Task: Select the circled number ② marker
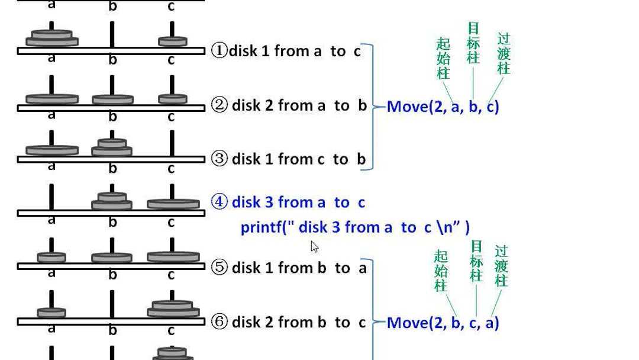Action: (x=220, y=106)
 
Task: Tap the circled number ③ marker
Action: (x=220, y=159)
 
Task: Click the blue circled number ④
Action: (x=220, y=202)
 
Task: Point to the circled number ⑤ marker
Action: (x=220, y=268)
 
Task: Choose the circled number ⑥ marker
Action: (x=220, y=322)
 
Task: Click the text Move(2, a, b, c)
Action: (x=443, y=107)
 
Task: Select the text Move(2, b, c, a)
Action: (x=443, y=323)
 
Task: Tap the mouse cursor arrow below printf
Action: (x=314, y=246)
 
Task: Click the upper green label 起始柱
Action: (x=443, y=58)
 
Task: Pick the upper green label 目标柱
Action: (x=473, y=43)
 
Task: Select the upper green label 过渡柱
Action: (x=504, y=53)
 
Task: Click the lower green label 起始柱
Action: (x=441, y=271)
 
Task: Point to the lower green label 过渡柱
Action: (x=501, y=266)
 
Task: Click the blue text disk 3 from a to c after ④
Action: (x=298, y=202)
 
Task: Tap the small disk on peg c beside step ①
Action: (x=172, y=41)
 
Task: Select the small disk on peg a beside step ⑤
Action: (x=51, y=257)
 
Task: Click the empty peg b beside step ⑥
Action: (x=112, y=303)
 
